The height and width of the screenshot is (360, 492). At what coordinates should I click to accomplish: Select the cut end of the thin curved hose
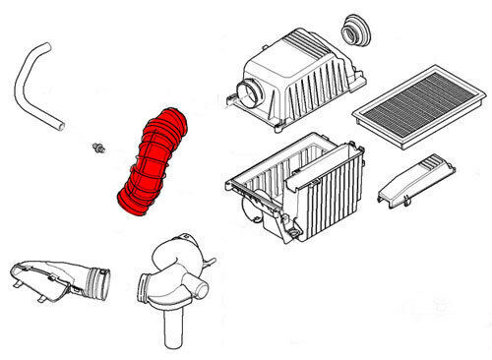click(62, 124)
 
